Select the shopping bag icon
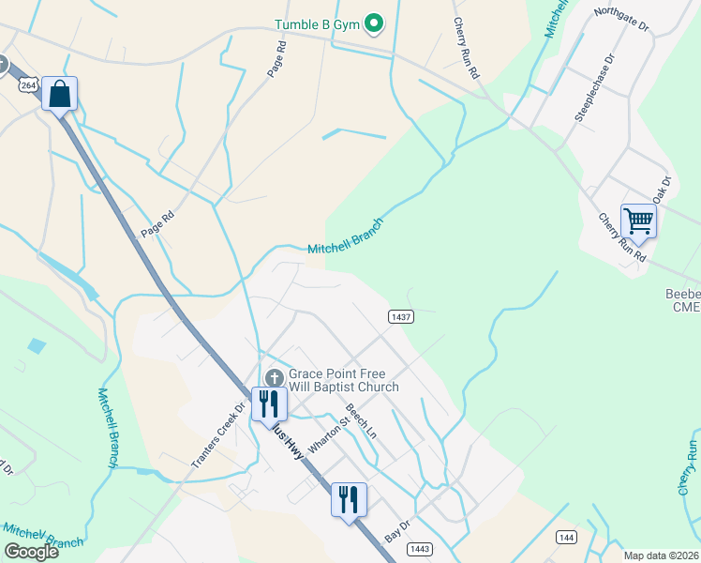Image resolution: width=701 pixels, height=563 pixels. (59, 95)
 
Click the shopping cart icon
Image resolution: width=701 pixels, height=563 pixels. (638, 222)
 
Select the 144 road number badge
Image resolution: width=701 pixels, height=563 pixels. (565, 537)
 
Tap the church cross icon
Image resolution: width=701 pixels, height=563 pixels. (274, 376)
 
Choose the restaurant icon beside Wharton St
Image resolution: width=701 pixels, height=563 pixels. (269, 403)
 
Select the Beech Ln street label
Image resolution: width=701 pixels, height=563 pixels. (361, 421)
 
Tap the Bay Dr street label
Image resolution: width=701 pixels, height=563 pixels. (398, 530)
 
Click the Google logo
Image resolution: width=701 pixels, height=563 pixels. (31, 551)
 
